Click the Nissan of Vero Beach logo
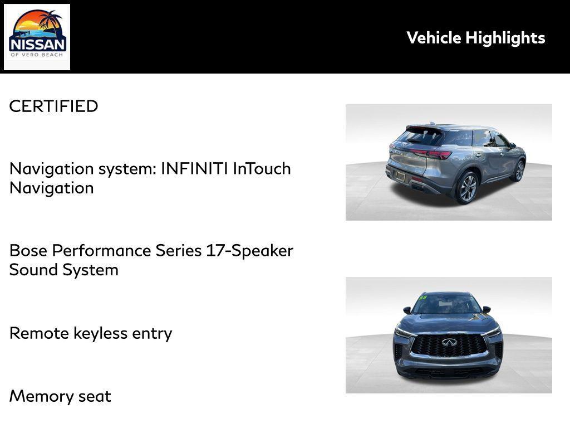37,37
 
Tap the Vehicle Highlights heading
475,38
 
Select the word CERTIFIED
53,106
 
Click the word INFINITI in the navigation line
194,168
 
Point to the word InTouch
262,168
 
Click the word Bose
29,250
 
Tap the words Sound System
63,270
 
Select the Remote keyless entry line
91,333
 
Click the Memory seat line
60,396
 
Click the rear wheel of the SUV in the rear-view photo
467,188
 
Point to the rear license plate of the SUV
400,176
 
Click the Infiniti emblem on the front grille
449,342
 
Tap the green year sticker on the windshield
422,298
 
